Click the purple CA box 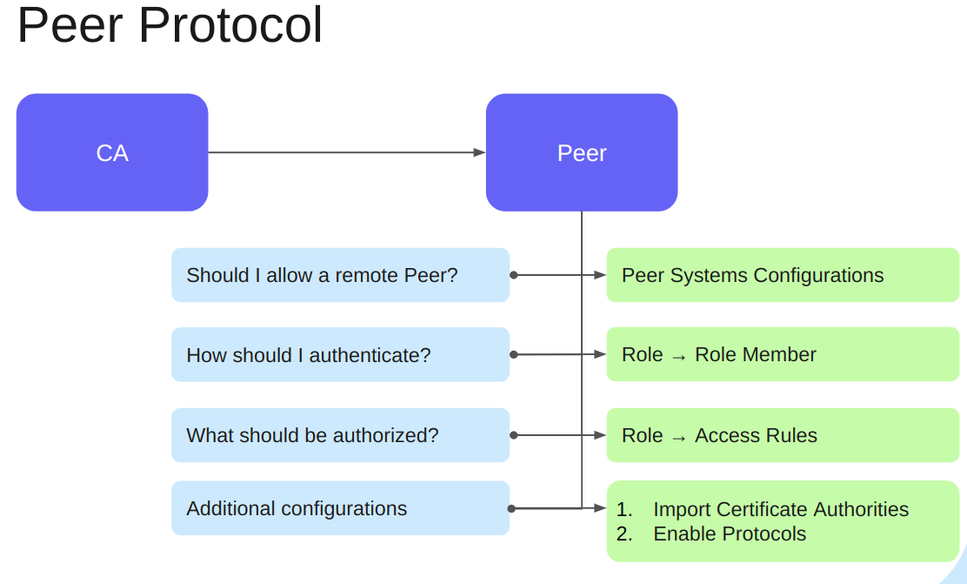pyautogui.click(x=112, y=152)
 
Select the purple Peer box pyautogui.click(x=581, y=152)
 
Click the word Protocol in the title pyautogui.click(x=230, y=25)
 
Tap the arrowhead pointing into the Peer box pyautogui.click(x=479, y=152)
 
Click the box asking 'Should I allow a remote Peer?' pyautogui.click(x=340, y=275)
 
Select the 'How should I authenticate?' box pyautogui.click(x=340, y=354)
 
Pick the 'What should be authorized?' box pyautogui.click(x=340, y=435)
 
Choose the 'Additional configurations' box pyautogui.click(x=340, y=508)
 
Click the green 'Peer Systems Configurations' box pyautogui.click(x=783, y=275)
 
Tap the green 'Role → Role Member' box pyautogui.click(x=783, y=354)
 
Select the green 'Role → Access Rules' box pyautogui.click(x=783, y=435)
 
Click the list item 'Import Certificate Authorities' pyautogui.click(x=780, y=509)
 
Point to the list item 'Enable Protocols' pyautogui.click(x=730, y=534)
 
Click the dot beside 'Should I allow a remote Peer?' pyautogui.click(x=513, y=275)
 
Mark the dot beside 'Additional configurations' pyautogui.click(x=511, y=508)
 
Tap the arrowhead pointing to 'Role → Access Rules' pyautogui.click(x=600, y=435)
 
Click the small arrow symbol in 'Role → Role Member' pyautogui.click(x=679, y=356)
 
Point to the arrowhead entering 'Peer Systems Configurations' pyautogui.click(x=600, y=275)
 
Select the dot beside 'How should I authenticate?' pyautogui.click(x=513, y=354)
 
